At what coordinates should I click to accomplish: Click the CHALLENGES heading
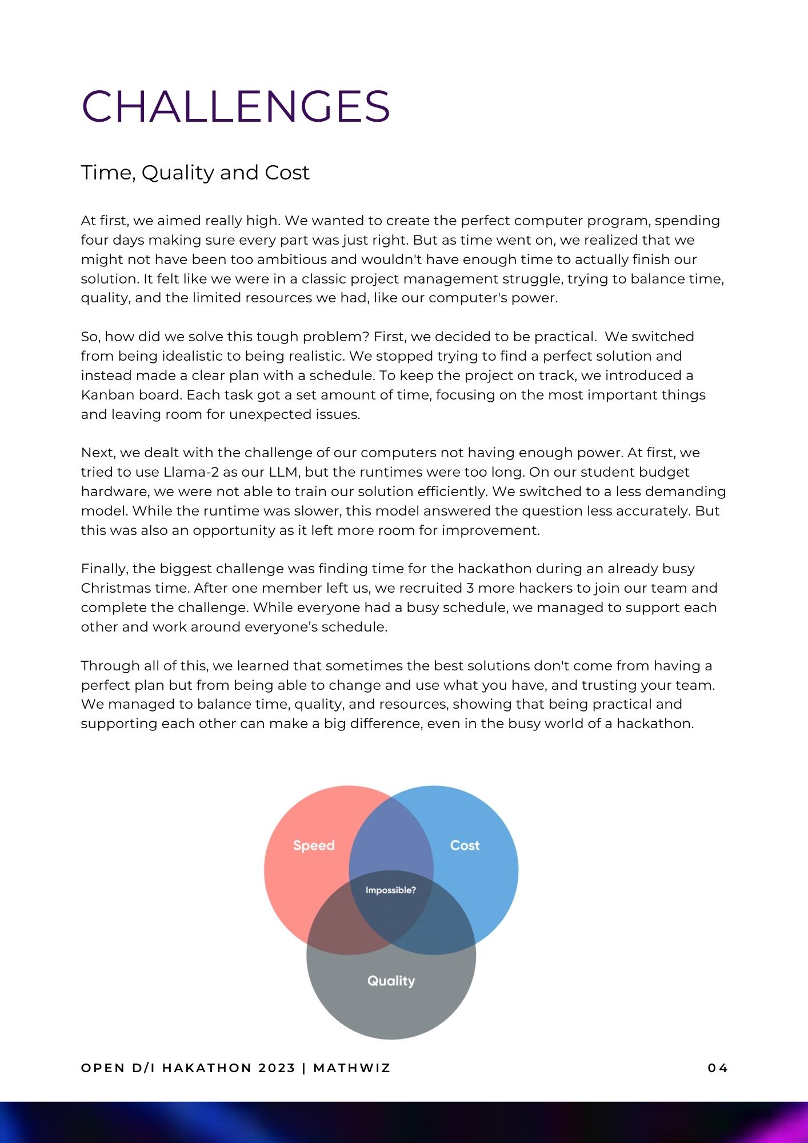235,106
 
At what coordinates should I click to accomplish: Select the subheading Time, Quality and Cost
195,173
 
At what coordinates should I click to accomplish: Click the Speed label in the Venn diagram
314,845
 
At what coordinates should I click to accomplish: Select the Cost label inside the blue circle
465,845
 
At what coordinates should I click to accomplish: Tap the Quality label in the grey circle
391,981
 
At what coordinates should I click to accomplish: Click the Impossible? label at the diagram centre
391,890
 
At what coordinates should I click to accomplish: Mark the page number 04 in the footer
718,1068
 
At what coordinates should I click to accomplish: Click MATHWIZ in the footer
352,1068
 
